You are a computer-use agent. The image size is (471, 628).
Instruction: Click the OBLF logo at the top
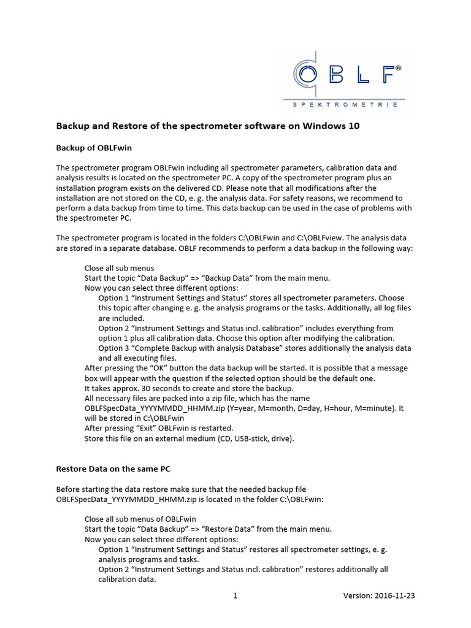(x=347, y=74)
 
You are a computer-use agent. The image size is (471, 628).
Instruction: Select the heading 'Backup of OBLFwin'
(x=94, y=148)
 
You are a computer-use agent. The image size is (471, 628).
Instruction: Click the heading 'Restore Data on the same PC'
(x=113, y=469)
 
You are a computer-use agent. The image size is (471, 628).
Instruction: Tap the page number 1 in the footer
(x=235, y=595)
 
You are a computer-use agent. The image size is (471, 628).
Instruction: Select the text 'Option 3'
(x=115, y=348)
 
